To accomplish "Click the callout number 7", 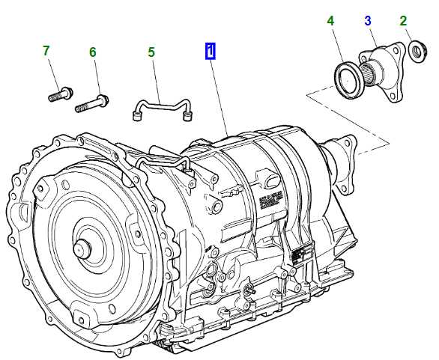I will [46, 51].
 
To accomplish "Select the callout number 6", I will [93, 52].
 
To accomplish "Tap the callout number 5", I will [151, 52].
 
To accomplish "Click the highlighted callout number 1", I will [211, 51].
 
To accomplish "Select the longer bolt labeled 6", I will [92, 103].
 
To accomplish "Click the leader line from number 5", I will [156, 79].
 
